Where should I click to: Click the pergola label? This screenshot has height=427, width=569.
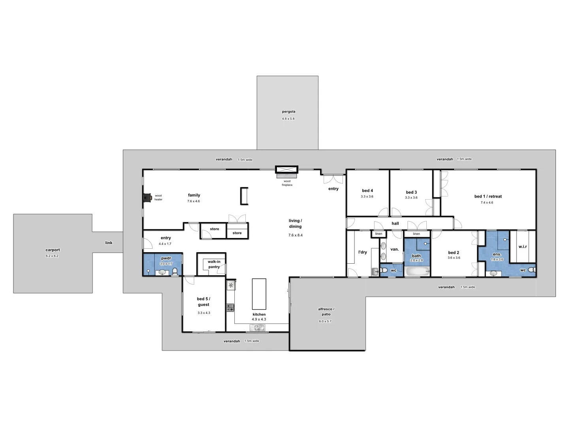(x=288, y=111)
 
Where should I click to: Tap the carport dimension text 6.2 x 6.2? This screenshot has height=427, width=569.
(x=52, y=256)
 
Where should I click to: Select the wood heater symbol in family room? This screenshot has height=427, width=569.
(x=147, y=197)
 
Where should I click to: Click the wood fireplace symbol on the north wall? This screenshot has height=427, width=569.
(x=287, y=170)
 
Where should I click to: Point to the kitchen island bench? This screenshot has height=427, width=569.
(x=259, y=294)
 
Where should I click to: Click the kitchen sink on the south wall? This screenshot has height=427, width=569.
(x=257, y=327)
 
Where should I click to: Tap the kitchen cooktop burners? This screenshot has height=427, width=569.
(x=230, y=307)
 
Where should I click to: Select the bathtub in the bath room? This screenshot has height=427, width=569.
(x=416, y=272)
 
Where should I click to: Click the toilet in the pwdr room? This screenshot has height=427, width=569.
(x=175, y=272)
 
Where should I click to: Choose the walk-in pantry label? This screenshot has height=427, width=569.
(x=214, y=264)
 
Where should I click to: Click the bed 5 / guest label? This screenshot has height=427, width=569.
(x=203, y=302)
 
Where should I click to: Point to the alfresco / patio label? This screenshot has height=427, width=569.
(x=326, y=312)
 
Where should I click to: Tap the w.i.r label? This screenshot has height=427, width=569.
(x=522, y=247)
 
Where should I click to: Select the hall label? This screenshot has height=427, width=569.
(x=395, y=223)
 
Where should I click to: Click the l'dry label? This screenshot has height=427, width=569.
(x=362, y=252)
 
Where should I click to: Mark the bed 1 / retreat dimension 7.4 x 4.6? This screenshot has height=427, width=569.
(x=487, y=202)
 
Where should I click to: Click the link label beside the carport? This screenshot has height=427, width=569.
(x=109, y=243)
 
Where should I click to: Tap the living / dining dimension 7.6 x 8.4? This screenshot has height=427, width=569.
(x=295, y=235)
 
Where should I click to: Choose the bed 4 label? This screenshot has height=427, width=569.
(x=367, y=191)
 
